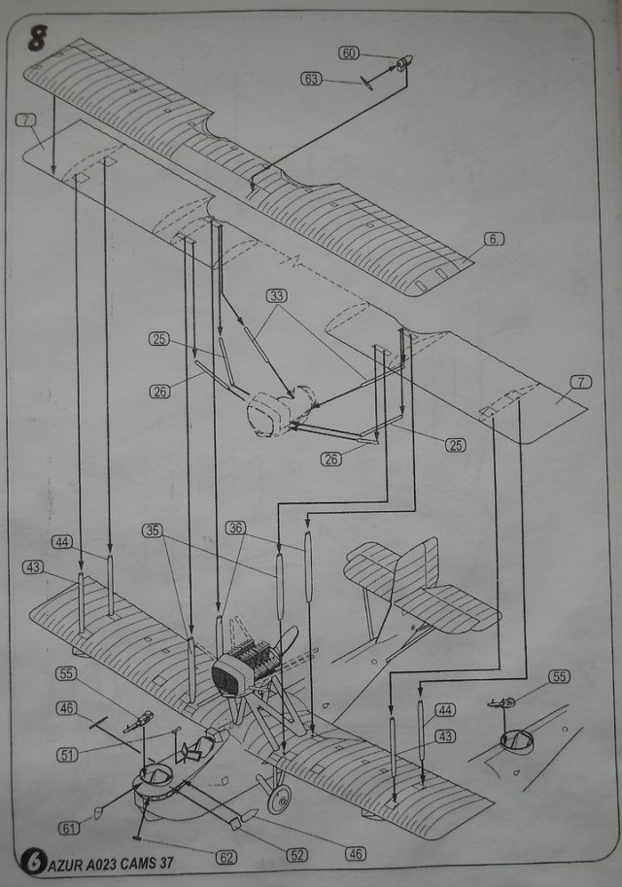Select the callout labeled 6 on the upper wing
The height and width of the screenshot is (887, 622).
point(494,239)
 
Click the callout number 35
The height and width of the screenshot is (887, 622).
point(153,530)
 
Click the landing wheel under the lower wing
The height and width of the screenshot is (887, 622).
point(278,800)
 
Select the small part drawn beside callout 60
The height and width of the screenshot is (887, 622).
point(402,65)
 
